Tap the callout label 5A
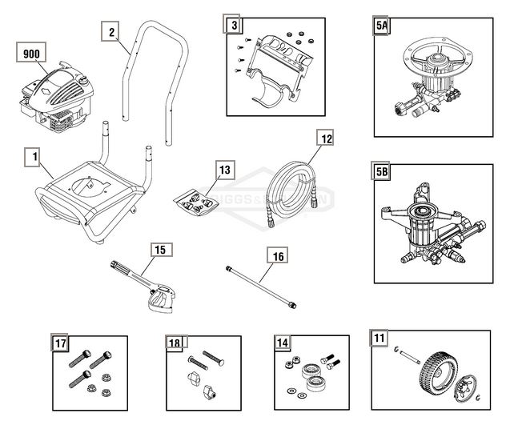[383, 26]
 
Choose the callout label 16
[276, 256]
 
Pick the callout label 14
[281, 342]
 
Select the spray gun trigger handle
[159, 300]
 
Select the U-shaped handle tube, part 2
[152, 80]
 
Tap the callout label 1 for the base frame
[33, 157]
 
